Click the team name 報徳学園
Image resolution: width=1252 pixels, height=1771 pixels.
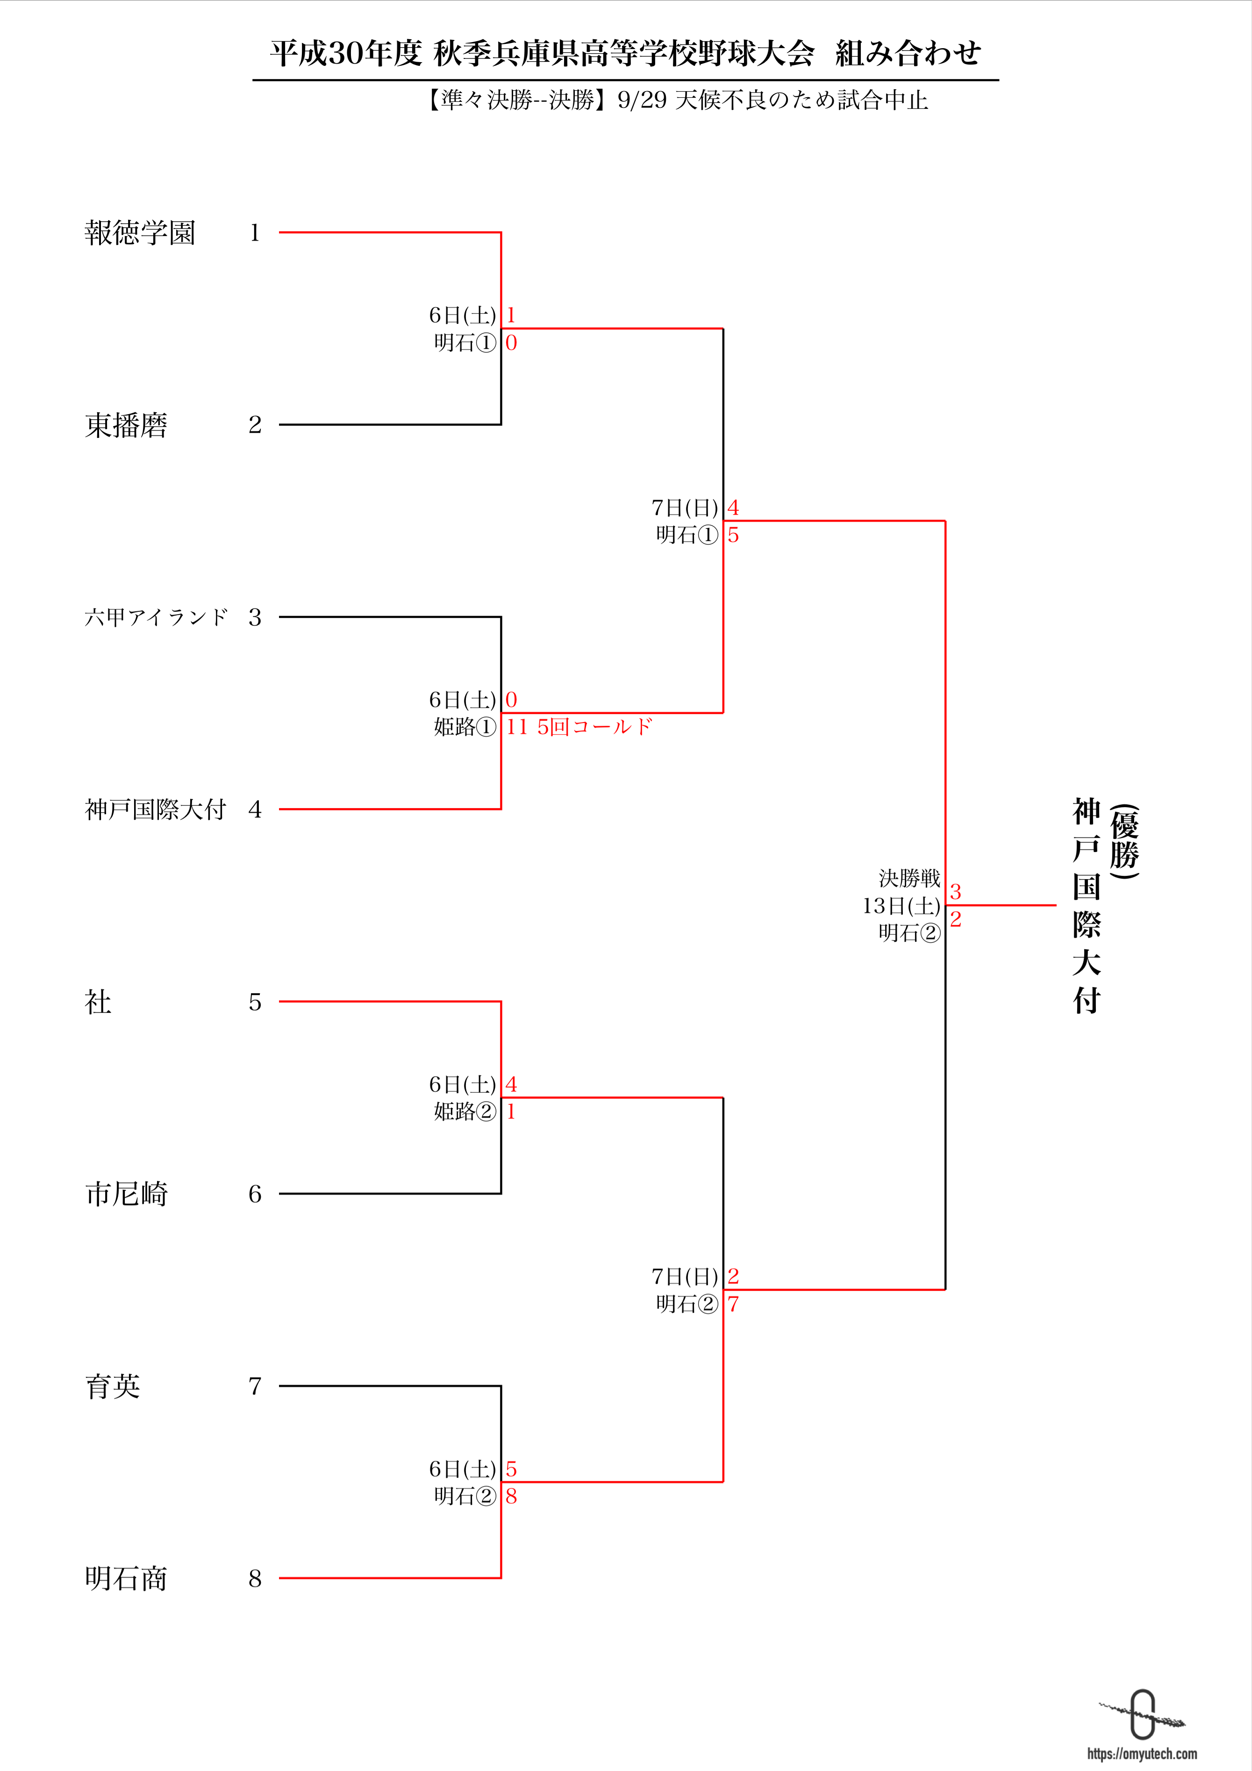[140, 232]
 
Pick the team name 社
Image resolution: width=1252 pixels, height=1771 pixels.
[98, 1002]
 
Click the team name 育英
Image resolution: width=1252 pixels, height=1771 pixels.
[113, 1386]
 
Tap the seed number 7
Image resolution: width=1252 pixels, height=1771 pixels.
[255, 1386]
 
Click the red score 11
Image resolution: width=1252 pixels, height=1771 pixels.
[517, 727]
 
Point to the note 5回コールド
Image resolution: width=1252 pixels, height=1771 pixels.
[594, 727]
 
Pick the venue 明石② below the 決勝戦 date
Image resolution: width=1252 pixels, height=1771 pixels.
[909, 933]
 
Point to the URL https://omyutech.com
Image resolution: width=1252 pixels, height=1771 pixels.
[1142, 1753]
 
